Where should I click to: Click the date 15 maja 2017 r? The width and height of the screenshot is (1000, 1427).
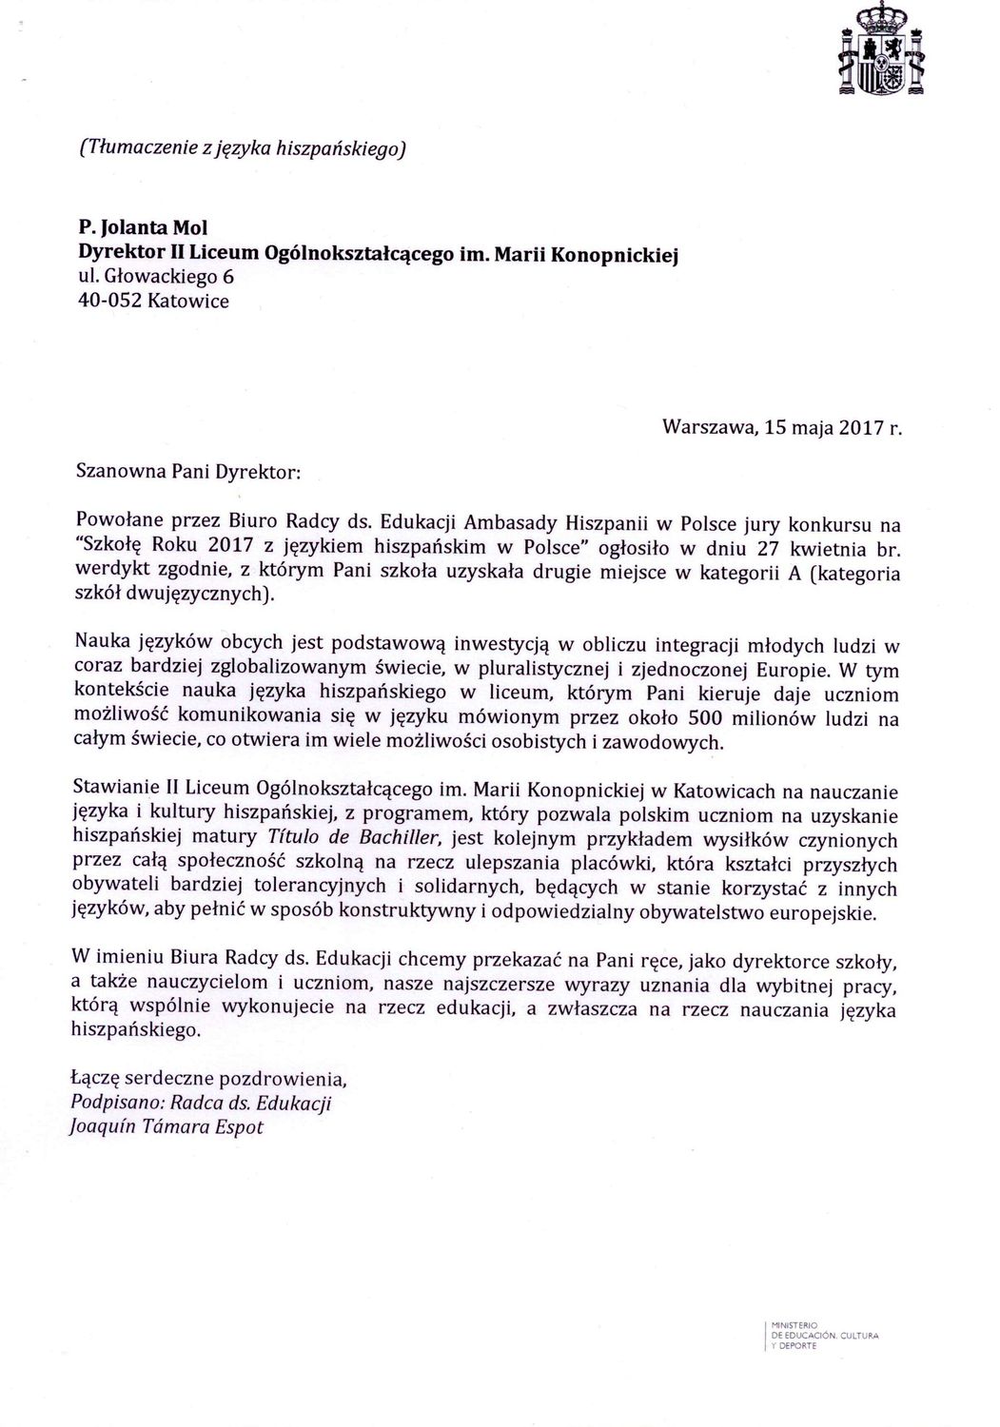[x=833, y=428]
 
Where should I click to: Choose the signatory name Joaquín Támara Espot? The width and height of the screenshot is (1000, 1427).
[x=167, y=1127]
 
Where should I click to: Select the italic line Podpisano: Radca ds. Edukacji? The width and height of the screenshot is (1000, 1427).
[x=201, y=1104]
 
